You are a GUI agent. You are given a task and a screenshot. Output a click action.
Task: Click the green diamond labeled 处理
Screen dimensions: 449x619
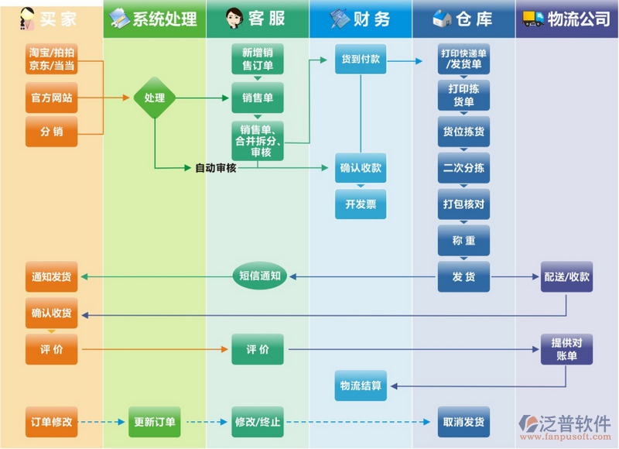[155, 98]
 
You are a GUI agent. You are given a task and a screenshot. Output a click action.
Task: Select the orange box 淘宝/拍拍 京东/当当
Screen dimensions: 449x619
[52, 60]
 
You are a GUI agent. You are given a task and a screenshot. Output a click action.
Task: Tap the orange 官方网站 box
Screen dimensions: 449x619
[52, 98]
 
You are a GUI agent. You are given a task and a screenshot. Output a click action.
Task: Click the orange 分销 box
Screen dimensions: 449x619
[52, 132]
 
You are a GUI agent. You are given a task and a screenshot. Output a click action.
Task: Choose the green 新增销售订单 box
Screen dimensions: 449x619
[258, 60]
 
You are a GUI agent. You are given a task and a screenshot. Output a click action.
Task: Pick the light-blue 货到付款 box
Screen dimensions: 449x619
[361, 60]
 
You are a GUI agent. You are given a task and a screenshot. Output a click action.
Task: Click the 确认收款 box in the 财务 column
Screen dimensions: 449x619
[361, 168]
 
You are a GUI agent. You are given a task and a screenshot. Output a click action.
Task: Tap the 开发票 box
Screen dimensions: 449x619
[361, 204]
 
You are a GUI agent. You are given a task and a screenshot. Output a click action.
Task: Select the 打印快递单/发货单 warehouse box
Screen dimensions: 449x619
[463, 60]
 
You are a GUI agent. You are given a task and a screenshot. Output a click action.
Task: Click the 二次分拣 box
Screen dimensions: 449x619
[463, 168]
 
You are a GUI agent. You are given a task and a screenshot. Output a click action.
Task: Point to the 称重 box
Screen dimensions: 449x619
[463, 241]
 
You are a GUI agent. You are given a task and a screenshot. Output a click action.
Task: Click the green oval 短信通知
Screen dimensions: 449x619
[260, 276]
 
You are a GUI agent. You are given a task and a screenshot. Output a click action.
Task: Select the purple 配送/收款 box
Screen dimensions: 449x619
[566, 276]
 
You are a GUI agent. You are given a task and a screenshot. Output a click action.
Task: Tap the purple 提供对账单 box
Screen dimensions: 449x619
[566, 349]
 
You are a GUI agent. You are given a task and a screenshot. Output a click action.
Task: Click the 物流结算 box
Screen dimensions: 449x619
[361, 386]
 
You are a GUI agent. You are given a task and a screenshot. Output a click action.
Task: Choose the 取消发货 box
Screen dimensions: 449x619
[463, 422]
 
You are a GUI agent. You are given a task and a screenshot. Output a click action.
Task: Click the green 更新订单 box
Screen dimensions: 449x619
[155, 422]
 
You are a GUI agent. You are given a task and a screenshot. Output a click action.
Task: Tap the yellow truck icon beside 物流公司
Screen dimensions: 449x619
[533, 19]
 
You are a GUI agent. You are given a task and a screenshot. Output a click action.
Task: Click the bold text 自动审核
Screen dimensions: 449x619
[215, 168]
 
